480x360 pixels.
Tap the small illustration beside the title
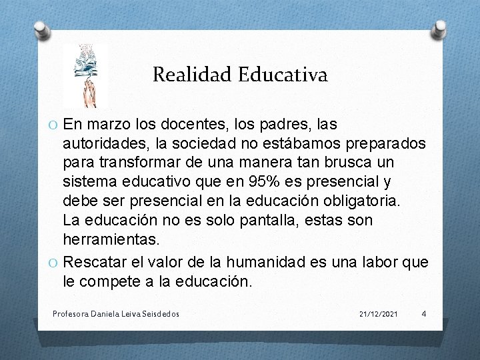(85, 75)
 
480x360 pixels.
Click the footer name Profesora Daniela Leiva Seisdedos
(115, 313)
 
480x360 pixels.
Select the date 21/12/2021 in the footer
(378, 313)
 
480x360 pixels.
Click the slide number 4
(424, 313)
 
